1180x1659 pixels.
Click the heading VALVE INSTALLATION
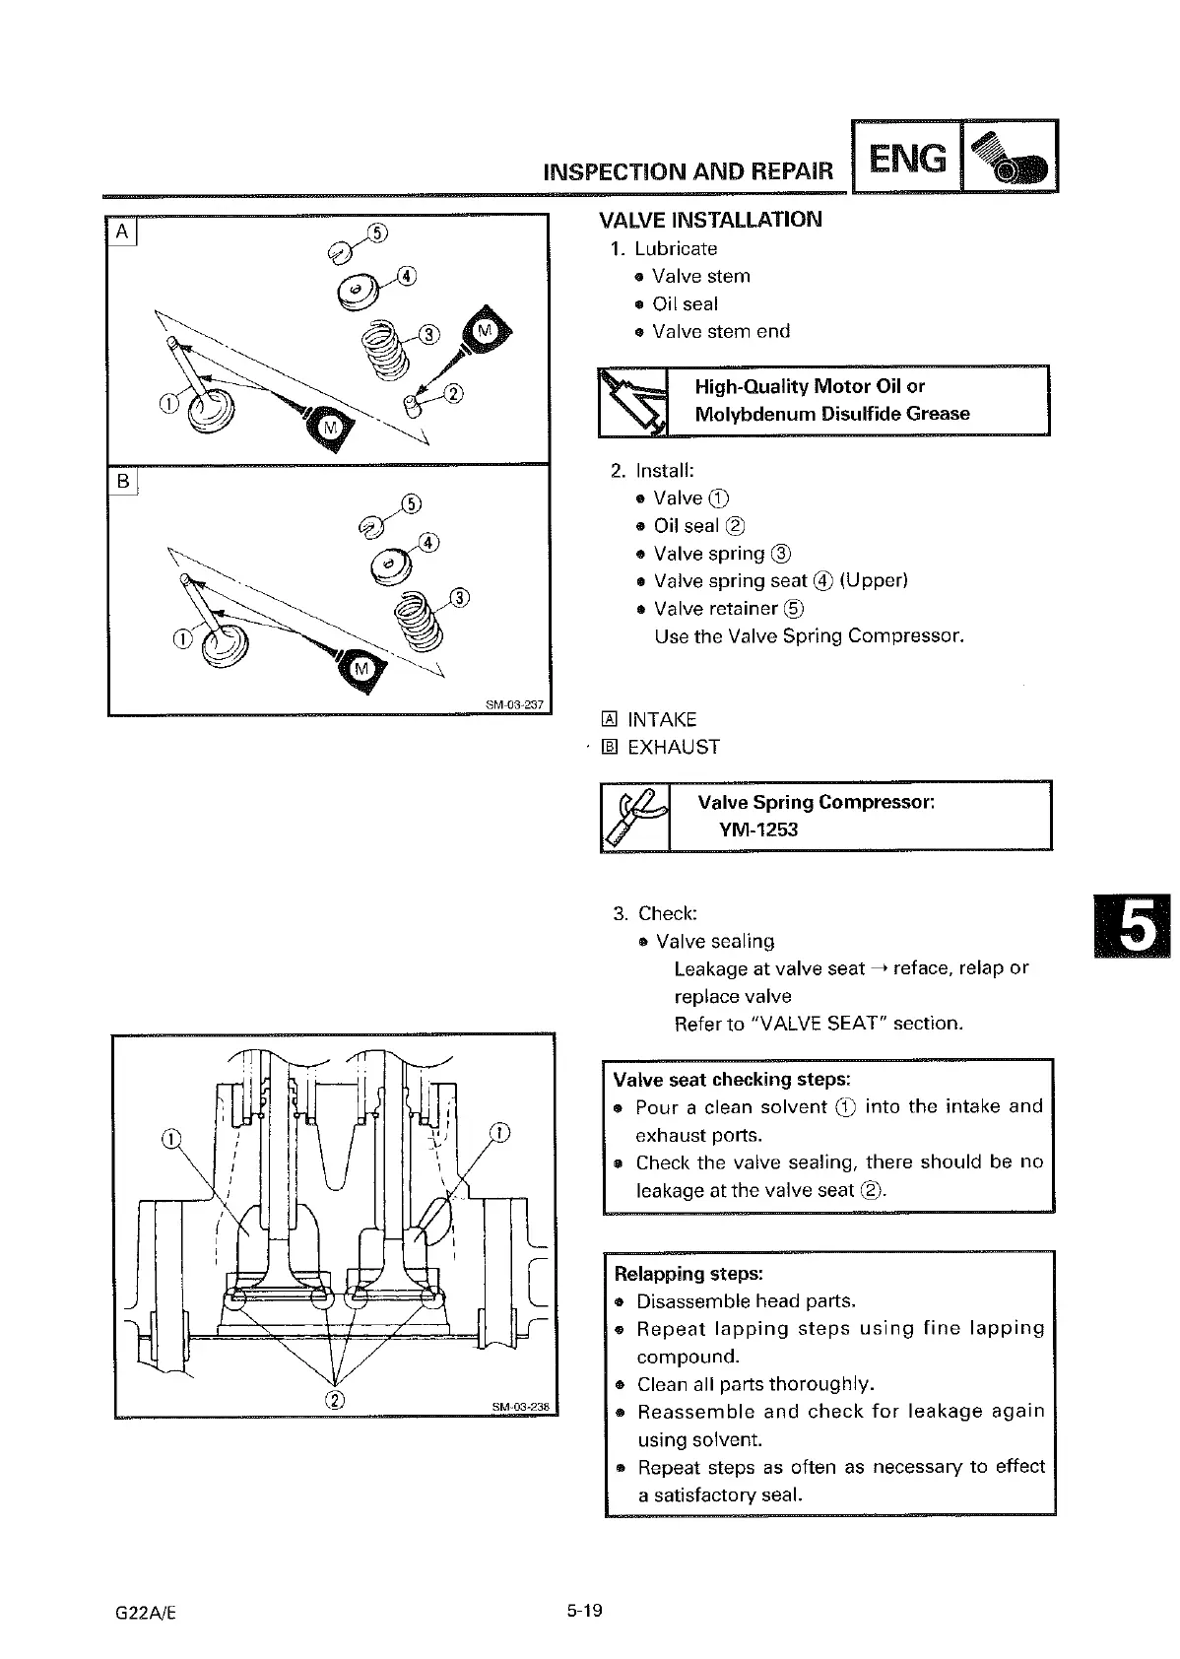(710, 220)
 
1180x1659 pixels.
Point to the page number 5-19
(584, 1611)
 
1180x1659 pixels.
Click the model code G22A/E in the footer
(145, 1612)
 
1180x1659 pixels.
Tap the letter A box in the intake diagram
(122, 232)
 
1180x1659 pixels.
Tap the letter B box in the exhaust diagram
(123, 482)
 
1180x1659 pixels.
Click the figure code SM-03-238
(520, 1406)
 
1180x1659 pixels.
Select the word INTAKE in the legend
(662, 720)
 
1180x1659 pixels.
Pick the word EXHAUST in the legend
(674, 748)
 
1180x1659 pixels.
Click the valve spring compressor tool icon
(634, 816)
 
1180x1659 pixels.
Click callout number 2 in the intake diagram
(453, 395)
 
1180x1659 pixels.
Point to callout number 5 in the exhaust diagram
(414, 505)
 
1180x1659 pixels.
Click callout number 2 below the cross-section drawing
(335, 1400)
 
